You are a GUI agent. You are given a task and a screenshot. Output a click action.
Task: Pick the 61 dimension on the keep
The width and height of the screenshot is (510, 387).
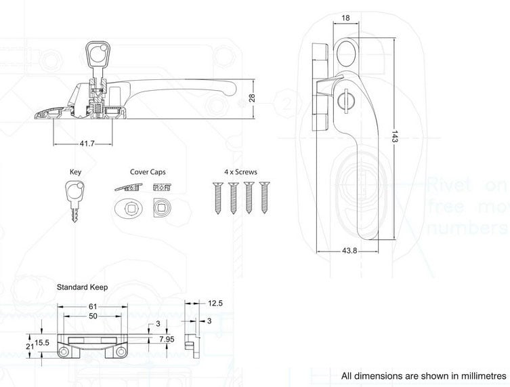(92, 307)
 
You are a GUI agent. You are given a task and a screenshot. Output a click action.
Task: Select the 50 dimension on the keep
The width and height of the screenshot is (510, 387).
(92, 317)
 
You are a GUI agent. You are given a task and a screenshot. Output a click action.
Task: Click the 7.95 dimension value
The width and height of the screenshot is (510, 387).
(165, 338)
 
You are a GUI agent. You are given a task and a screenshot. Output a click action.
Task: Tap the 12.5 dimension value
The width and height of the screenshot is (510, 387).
(215, 303)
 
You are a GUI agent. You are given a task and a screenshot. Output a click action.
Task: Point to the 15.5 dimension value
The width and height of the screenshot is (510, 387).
(42, 343)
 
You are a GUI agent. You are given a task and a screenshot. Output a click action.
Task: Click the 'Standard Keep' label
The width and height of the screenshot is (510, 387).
(82, 287)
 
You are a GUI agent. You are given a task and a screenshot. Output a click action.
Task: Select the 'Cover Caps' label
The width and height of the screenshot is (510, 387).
(148, 173)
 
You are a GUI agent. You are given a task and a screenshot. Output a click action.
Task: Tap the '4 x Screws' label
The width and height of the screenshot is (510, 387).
(240, 173)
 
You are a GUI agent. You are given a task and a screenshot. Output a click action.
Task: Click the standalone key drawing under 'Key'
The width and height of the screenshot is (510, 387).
(75, 197)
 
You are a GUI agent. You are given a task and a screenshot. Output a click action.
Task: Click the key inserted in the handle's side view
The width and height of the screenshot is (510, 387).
(95, 58)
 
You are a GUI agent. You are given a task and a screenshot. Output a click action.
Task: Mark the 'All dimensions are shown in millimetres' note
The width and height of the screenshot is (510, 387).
(423, 375)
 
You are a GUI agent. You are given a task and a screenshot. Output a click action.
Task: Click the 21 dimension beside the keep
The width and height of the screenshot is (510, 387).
(30, 346)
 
